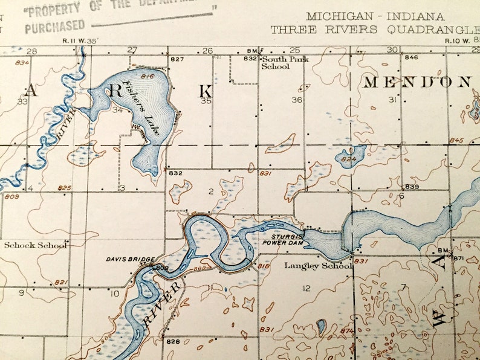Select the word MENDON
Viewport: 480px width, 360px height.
tap(417, 82)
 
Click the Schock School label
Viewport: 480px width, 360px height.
tap(35, 245)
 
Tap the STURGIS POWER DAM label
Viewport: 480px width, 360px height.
tap(282, 239)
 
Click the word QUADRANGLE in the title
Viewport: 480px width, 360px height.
tap(436, 29)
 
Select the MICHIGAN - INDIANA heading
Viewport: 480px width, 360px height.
tap(375, 16)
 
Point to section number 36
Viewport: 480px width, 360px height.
tap(296, 100)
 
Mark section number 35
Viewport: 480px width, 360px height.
tap(207, 101)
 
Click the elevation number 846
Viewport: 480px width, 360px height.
tap(412, 57)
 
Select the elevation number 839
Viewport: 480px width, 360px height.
tap(412, 187)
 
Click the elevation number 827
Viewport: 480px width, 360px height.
tap(177, 59)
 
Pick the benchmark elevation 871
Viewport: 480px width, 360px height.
tap(458, 258)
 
